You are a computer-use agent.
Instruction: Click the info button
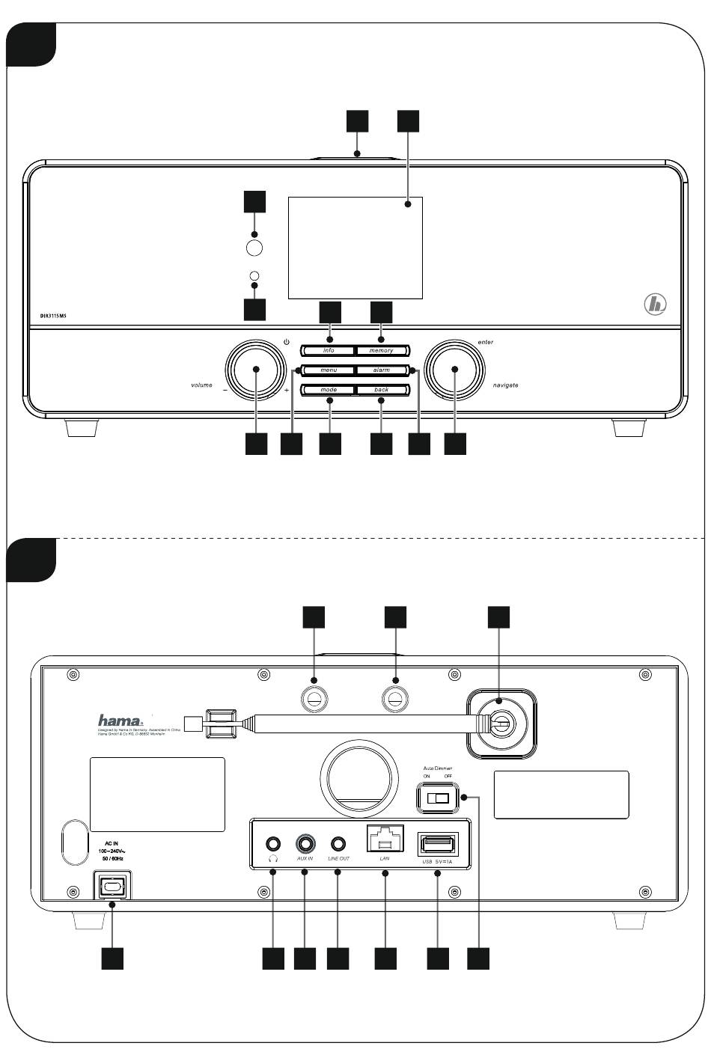point(329,350)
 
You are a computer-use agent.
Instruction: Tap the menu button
point(329,370)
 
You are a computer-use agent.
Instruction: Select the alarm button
point(382,370)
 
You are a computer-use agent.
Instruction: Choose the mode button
point(329,390)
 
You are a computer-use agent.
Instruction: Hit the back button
point(382,390)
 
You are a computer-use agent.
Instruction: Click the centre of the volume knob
point(255,370)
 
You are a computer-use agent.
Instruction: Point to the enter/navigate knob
point(454,370)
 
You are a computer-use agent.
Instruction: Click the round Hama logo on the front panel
point(655,305)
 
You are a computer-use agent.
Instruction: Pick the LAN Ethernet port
point(385,839)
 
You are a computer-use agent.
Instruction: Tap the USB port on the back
point(438,845)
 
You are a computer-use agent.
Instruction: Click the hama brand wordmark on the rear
point(120,720)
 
